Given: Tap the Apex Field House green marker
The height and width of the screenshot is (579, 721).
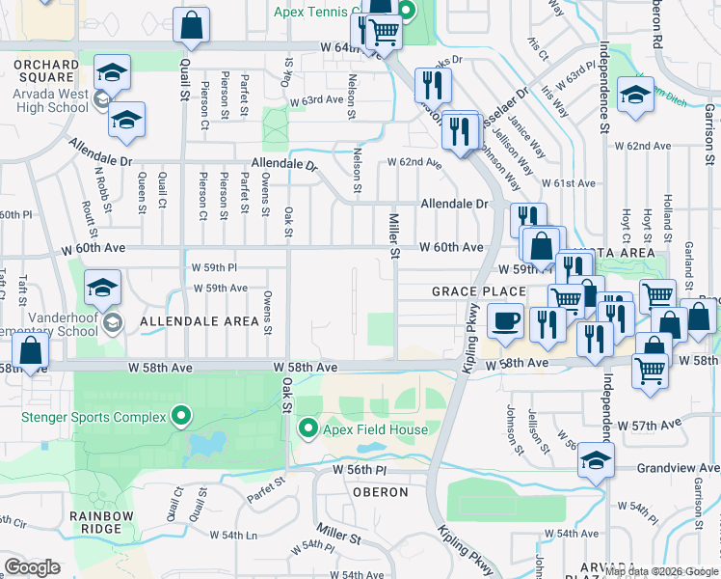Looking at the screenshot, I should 308,427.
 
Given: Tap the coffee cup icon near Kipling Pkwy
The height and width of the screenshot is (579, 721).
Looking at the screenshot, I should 504,322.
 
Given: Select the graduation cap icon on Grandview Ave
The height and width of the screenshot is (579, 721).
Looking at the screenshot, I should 597,461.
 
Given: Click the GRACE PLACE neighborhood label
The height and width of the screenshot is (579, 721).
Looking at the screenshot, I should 479,291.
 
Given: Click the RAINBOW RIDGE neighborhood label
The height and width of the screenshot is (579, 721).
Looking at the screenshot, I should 101,523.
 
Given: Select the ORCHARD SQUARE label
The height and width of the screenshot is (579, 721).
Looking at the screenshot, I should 44,70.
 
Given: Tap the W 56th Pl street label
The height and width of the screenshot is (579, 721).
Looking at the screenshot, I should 360,469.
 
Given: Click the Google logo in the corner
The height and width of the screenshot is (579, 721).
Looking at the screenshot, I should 32,567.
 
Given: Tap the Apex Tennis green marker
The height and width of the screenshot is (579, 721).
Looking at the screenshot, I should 406,13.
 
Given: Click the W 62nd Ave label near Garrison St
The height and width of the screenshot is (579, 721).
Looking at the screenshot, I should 648,146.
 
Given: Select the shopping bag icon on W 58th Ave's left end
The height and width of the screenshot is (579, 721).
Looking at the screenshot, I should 31,352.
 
